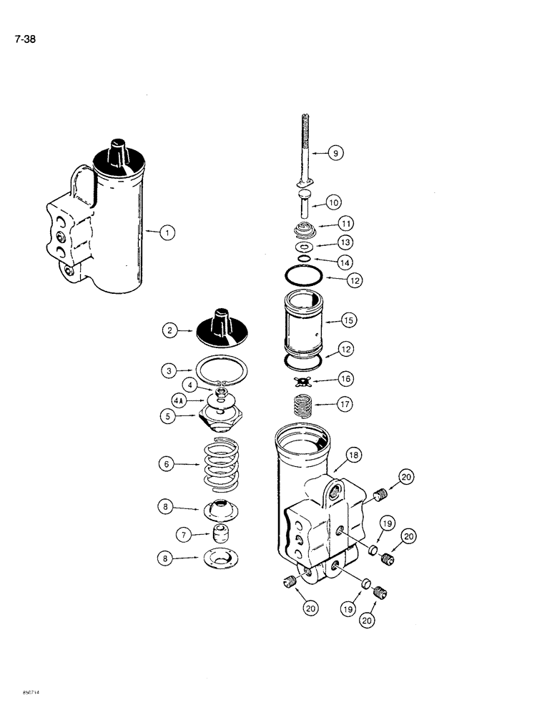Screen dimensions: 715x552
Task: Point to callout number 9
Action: coord(337,152)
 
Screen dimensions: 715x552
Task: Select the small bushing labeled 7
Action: coord(220,533)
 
